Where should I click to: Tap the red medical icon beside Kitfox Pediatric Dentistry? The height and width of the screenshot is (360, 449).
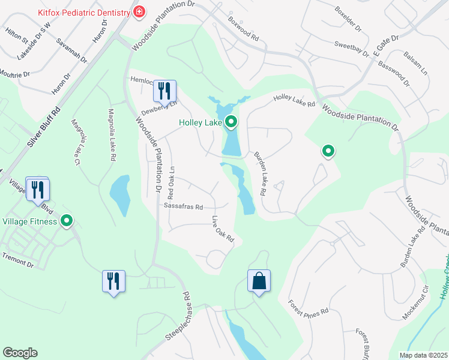pyautogui.click(x=139, y=12)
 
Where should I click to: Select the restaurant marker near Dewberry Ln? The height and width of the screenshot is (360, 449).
pyautogui.click(x=164, y=91)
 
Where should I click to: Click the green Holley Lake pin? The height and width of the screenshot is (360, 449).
pyautogui.click(x=231, y=123)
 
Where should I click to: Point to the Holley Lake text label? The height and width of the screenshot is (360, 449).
pyautogui.click(x=200, y=123)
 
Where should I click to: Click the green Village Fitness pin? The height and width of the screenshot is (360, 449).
pyautogui.click(x=67, y=221)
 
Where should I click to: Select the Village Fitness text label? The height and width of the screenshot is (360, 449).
pyautogui.click(x=29, y=221)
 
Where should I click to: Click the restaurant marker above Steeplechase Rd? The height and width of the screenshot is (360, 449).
pyautogui.click(x=113, y=281)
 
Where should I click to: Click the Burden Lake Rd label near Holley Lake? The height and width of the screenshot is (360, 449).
pyautogui.click(x=259, y=174)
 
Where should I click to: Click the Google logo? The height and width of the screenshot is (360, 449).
pyautogui.click(x=20, y=353)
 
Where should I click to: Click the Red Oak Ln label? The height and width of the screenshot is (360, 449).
pyautogui.click(x=171, y=183)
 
